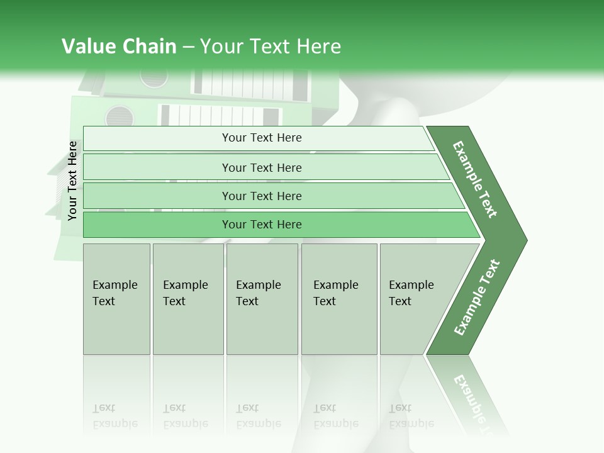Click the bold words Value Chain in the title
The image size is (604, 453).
click(119, 47)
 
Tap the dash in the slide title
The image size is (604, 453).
click(188, 47)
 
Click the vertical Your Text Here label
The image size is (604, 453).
click(73, 181)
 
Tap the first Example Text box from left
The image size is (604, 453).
click(116, 299)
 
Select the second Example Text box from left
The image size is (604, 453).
click(188, 299)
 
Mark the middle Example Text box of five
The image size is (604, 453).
click(262, 299)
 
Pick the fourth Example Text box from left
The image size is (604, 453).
click(339, 299)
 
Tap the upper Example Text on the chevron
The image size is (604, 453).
click(475, 179)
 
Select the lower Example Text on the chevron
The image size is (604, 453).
click(476, 298)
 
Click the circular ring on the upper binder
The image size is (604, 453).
click(154, 77)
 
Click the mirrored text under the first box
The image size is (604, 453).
click(115, 416)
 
